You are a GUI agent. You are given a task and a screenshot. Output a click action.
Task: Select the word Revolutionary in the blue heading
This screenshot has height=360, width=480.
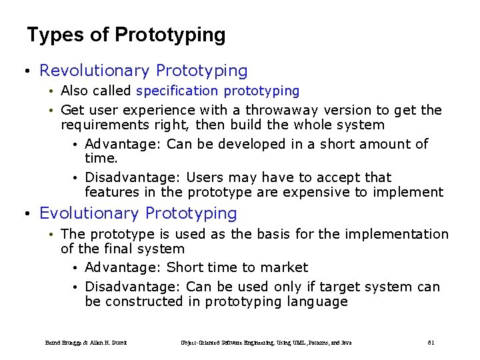tap(95, 71)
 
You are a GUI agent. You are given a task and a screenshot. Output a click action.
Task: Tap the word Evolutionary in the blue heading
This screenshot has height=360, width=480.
tap(90, 213)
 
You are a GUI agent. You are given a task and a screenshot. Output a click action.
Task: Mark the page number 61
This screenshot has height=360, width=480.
tap(431, 343)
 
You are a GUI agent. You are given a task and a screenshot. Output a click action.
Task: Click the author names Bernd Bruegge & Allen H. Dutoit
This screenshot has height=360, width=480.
tap(86, 343)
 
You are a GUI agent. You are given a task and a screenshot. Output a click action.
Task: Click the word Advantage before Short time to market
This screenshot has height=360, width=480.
tap(123, 267)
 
